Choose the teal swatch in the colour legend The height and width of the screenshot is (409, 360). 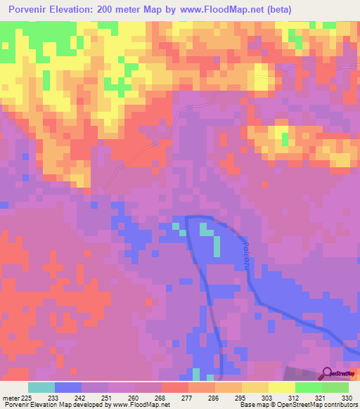coord(41,387)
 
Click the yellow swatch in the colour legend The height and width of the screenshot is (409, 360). coord(281,387)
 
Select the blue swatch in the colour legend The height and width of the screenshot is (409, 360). coord(68,387)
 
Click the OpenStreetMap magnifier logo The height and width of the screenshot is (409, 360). coord(327,374)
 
